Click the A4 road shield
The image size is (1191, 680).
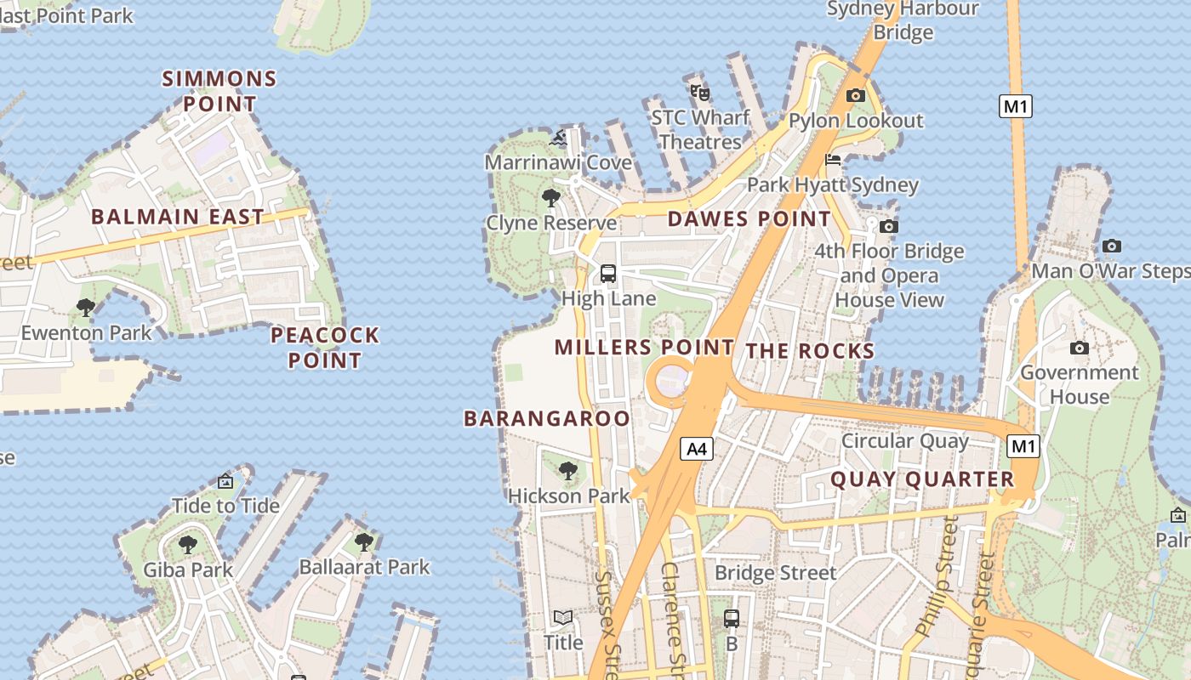click(x=697, y=449)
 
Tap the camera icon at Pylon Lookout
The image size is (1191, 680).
click(x=856, y=96)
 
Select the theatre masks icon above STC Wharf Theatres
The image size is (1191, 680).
click(x=699, y=92)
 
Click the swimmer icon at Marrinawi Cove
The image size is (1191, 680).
click(x=559, y=138)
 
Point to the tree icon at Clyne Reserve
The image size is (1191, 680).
click(x=551, y=199)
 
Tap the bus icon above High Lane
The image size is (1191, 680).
click(x=608, y=274)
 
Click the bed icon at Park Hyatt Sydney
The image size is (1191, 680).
click(x=833, y=161)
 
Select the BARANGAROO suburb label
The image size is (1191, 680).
click(x=547, y=418)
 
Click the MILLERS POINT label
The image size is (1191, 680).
click(x=644, y=347)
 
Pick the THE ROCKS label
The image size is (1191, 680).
click(x=810, y=351)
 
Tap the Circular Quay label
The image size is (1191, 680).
click(x=904, y=441)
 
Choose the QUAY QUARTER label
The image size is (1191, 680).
click(x=922, y=479)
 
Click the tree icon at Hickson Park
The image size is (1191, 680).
click(x=568, y=471)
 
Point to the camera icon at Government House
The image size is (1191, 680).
click(x=1080, y=348)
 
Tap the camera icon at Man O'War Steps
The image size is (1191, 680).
click(x=1112, y=246)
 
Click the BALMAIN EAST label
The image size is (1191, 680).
click(x=178, y=217)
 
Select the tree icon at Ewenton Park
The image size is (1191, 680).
click(x=85, y=307)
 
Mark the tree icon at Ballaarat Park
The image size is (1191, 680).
click(x=364, y=541)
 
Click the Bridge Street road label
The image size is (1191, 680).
click(x=776, y=573)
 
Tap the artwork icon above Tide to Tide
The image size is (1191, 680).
click(x=225, y=482)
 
